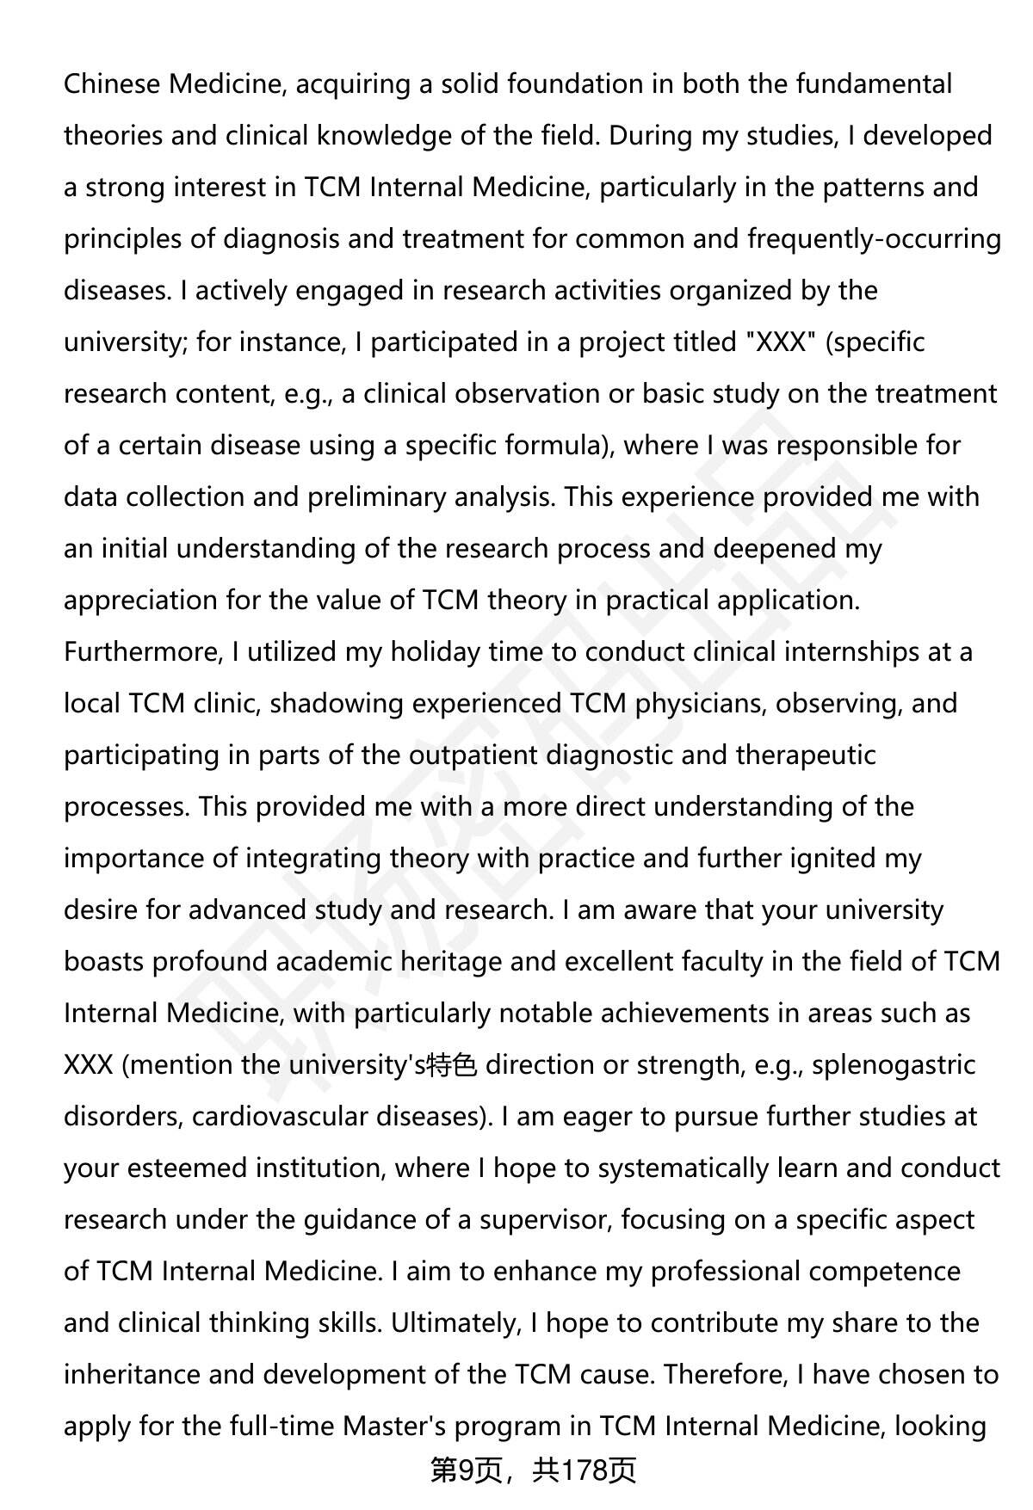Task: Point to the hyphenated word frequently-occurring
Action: coord(874,239)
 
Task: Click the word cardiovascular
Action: coord(280,1117)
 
